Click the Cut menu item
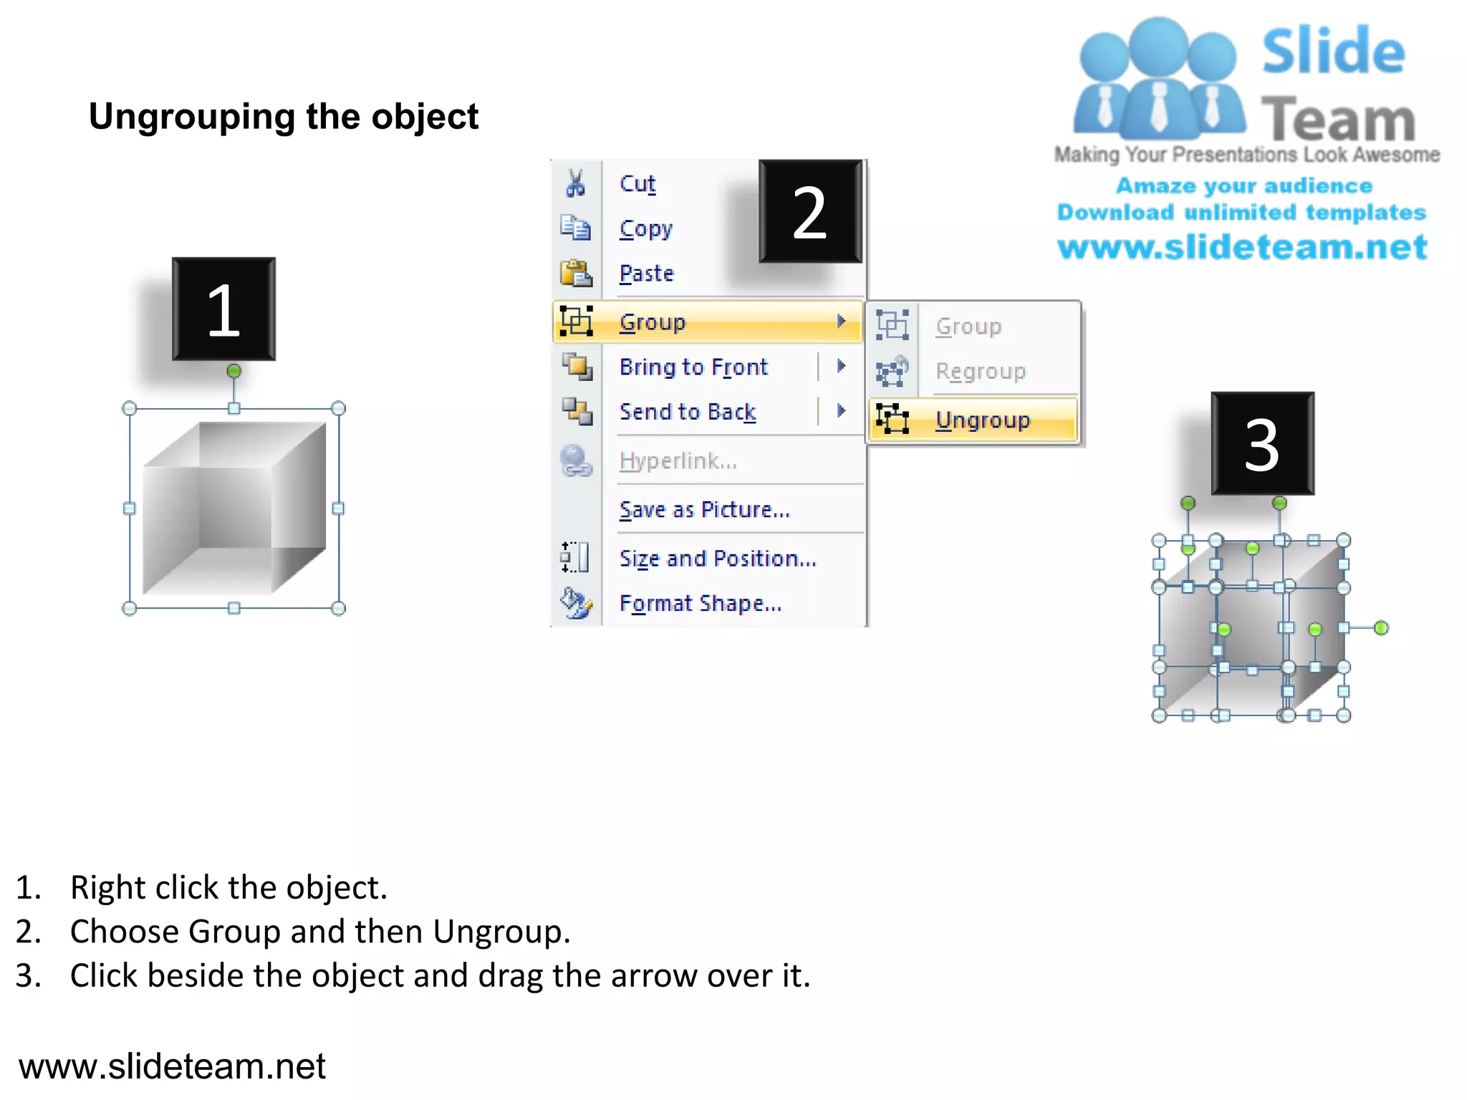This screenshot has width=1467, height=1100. pyautogui.click(x=638, y=184)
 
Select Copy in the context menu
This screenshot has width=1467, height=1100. pyautogui.click(x=645, y=229)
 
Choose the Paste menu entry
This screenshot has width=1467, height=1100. pyautogui.click(x=646, y=274)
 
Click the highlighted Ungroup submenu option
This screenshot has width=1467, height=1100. pyautogui.click(x=982, y=420)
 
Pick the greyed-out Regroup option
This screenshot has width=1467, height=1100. pyautogui.click(x=980, y=371)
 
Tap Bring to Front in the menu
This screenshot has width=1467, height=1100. pyautogui.click(x=693, y=367)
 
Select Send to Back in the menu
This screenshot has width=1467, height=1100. pyautogui.click(x=687, y=412)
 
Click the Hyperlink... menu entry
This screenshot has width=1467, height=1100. pyautogui.click(x=678, y=460)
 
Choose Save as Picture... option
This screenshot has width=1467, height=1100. pyautogui.click(x=704, y=509)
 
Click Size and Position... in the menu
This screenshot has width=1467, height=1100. pyautogui.click(x=717, y=558)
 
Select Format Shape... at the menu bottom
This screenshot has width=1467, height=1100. pyautogui.click(x=700, y=603)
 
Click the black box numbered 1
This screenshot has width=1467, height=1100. pyautogui.click(x=223, y=309)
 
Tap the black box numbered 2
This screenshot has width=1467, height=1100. pyautogui.click(x=810, y=212)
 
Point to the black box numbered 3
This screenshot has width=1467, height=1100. pyautogui.click(x=1262, y=444)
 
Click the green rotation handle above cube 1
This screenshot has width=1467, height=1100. pyautogui.click(x=234, y=371)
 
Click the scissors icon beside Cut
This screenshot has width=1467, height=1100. pyautogui.click(x=575, y=183)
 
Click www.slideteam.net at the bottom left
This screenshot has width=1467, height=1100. pyautogui.click(x=172, y=1066)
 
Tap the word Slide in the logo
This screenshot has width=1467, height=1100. pyautogui.click(x=1333, y=52)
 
